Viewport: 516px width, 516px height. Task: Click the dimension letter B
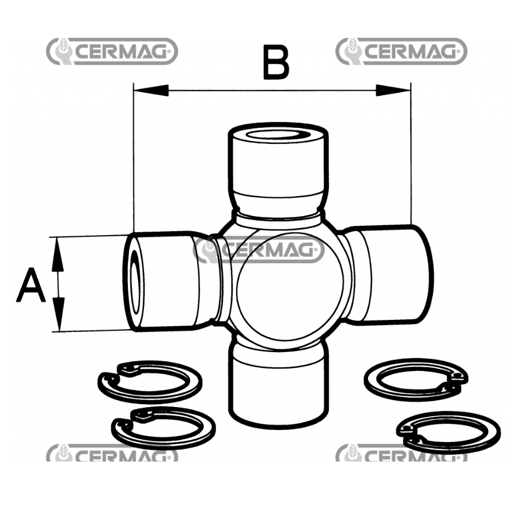(276, 62)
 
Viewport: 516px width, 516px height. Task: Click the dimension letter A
(30, 285)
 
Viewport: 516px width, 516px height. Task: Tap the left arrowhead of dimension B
(151, 91)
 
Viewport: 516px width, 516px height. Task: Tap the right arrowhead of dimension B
(393, 91)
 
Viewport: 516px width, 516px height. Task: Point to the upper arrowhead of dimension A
(58, 255)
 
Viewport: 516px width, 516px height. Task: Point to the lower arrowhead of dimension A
(58, 314)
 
